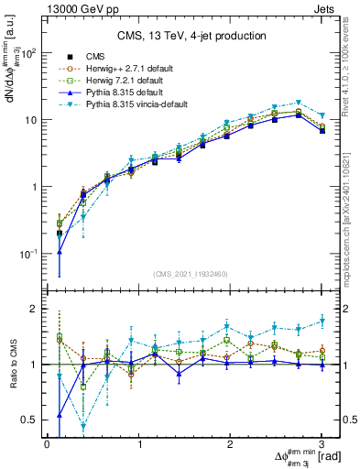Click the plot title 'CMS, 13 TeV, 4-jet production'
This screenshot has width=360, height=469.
pos(191,37)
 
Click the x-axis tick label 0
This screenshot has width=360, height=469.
pos(47,444)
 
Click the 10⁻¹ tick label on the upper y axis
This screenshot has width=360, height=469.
pos(28,254)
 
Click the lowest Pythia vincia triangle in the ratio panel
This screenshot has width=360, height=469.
pos(83,426)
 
